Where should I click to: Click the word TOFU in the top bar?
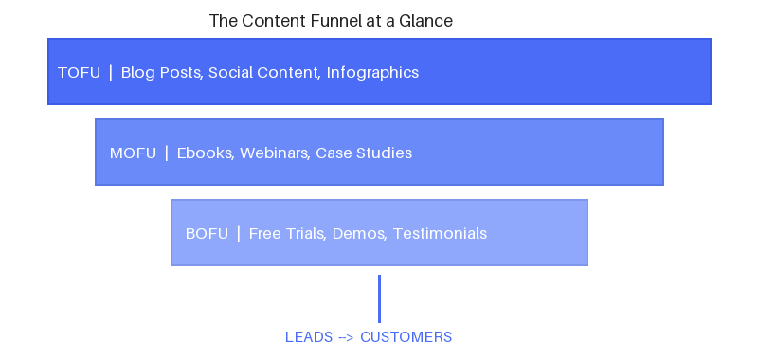[79, 73]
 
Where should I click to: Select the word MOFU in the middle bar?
[133, 153]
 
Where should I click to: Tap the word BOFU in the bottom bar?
[207, 234]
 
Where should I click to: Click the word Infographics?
[372, 73]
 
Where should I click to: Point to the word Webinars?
[274, 153]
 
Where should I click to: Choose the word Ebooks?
[205, 153]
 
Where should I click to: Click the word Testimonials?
[440, 234]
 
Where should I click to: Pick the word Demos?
[358, 234]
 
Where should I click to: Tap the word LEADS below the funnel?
[309, 337]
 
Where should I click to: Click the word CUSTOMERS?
[406, 337]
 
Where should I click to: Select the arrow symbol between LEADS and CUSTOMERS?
[347, 337]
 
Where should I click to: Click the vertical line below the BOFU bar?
[379, 298]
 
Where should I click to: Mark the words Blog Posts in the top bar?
[161, 73]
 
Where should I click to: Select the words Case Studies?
[364, 153]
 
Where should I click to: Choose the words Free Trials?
[287, 234]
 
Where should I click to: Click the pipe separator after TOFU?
[111, 73]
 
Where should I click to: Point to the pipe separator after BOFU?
[239, 234]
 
